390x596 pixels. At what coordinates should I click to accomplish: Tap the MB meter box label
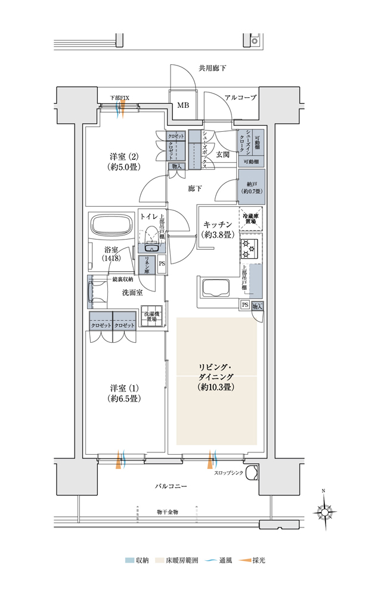tap(183, 105)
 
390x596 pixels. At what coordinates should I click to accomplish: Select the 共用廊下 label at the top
tap(212, 69)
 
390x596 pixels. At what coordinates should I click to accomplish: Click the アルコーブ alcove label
tap(240, 97)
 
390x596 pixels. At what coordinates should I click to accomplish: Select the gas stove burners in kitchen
tap(247, 247)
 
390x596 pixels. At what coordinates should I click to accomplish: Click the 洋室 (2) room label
tap(124, 162)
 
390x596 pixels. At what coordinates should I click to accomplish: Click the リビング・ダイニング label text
tap(216, 377)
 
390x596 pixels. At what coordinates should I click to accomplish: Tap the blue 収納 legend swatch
tap(129, 560)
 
